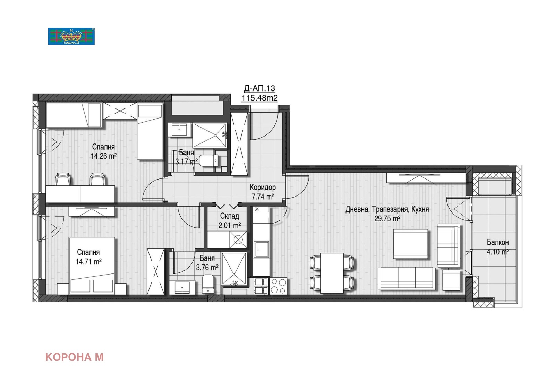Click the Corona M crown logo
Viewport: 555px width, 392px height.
(x=71, y=36)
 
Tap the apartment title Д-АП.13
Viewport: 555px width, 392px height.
(x=259, y=88)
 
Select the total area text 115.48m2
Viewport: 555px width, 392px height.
(x=259, y=98)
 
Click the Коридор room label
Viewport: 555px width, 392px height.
(x=263, y=188)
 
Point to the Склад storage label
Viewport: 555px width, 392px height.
(x=229, y=216)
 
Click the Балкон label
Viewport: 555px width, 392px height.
(x=498, y=242)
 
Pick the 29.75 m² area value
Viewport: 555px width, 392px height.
(x=387, y=219)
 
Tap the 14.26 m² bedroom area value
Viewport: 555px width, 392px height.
(x=104, y=156)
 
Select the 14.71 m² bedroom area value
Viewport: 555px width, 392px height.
(x=88, y=261)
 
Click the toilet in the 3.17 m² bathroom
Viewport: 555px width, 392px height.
(x=209, y=160)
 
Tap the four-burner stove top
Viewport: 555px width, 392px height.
(x=278, y=286)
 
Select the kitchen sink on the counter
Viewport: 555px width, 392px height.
(x=261, y=249)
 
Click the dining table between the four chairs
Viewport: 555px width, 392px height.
(x=332, y=273)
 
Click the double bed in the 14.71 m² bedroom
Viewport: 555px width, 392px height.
(x=92, y=266)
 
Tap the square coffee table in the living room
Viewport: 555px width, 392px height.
(x=411, y=244)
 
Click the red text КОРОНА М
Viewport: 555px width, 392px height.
(x=74, y=357)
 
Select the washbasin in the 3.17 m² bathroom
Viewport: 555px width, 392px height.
(x=179, y=129)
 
